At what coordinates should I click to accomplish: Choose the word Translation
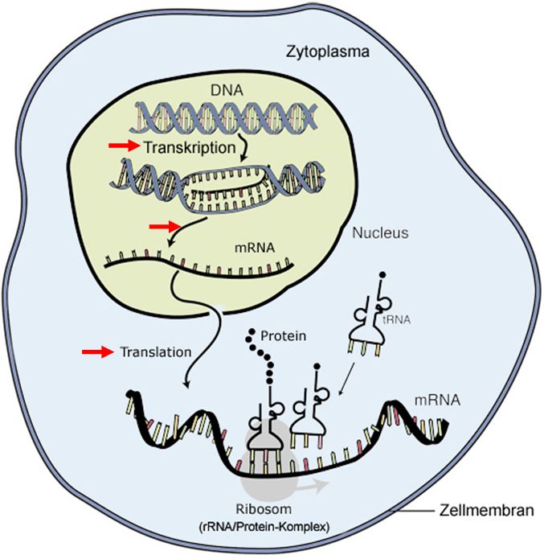click(x=156, y=352)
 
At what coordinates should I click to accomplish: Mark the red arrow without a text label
click(x=165, y=228)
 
